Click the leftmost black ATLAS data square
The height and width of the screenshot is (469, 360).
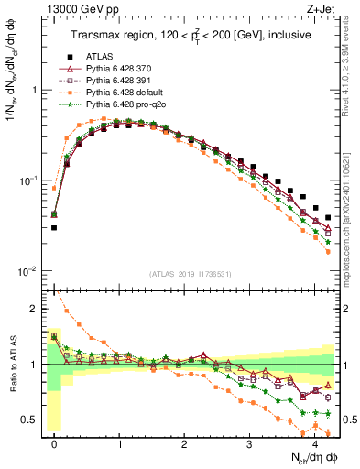[54, 227]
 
